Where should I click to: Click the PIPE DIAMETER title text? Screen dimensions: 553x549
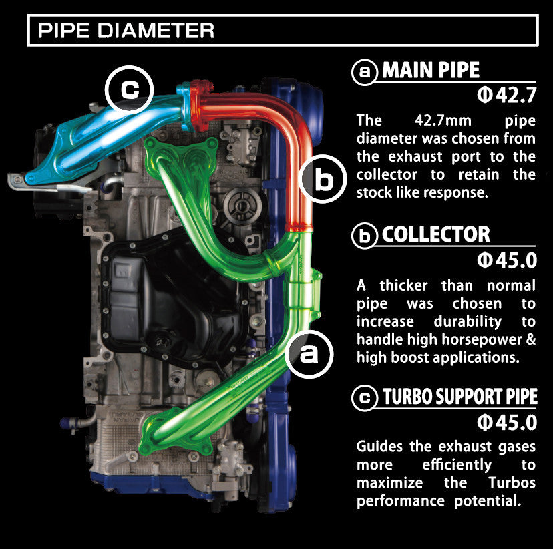tap(126, 30)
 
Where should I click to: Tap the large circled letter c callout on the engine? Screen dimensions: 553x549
tap(129, 89)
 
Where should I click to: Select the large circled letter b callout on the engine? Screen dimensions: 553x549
tap(323, 179)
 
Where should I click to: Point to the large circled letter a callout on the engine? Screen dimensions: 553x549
tap(309, 354)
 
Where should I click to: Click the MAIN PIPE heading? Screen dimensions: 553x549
tap(431, 70)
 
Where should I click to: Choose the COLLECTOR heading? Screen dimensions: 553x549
tap(436, 234)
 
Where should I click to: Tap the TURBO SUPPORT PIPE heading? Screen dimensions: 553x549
tap(460, 397)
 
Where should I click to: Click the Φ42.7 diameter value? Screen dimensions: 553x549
tap(507, 96)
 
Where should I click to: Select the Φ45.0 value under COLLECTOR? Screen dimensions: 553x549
tap(507, 260)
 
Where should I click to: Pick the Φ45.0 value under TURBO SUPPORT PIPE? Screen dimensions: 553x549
tap(507, 422)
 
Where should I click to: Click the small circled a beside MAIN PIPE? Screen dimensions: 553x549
tap(365, 72)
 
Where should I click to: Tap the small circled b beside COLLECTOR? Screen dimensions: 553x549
tap(365, 236)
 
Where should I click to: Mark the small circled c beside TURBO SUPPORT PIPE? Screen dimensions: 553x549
tap(365, 398)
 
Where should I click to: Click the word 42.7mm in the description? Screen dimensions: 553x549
tap(443, 121)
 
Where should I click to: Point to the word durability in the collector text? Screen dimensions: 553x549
tap(468, 321)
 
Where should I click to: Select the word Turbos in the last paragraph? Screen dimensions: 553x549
tap(512, 482)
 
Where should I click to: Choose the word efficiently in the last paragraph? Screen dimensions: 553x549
tap(457, 465)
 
